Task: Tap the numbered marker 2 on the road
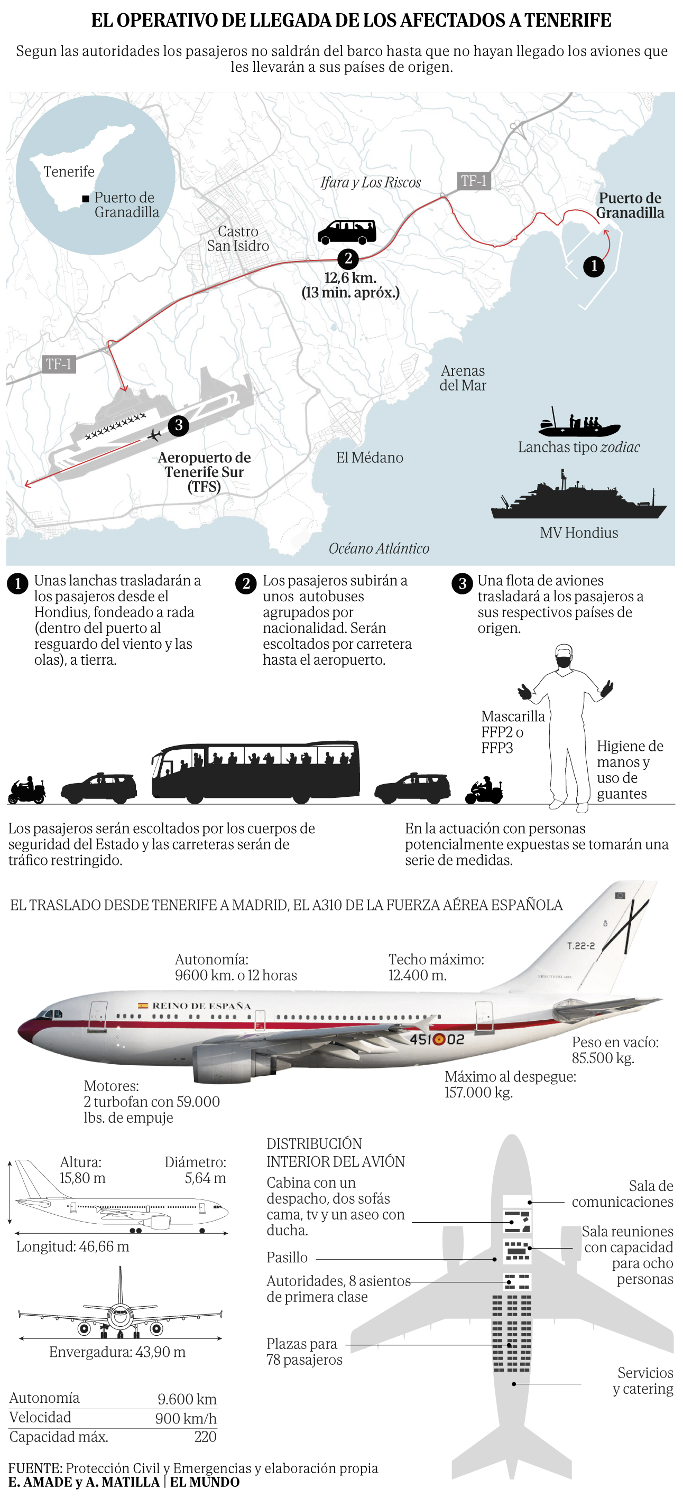coord(348,258)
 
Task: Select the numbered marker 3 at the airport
coord(179,425)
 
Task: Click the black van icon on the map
coord(347,232)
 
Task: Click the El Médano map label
coord(370,458)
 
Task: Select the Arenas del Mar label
coord(463,378)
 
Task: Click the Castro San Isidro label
coord(238,239)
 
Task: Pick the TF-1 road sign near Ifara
coord(473,181)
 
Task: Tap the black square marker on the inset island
coord(86,199)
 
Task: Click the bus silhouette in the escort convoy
coord(256,771)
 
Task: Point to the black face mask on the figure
coord(564,662)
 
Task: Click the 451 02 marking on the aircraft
coord(437,1039)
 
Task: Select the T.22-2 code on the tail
coord(580,946)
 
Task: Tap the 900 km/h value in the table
coord(186,1418)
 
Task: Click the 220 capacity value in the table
coord(206,1437)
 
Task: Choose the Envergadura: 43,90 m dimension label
coord(117,1352)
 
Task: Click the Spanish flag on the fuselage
coord(142,1005)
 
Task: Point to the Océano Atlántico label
coord(379,548)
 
